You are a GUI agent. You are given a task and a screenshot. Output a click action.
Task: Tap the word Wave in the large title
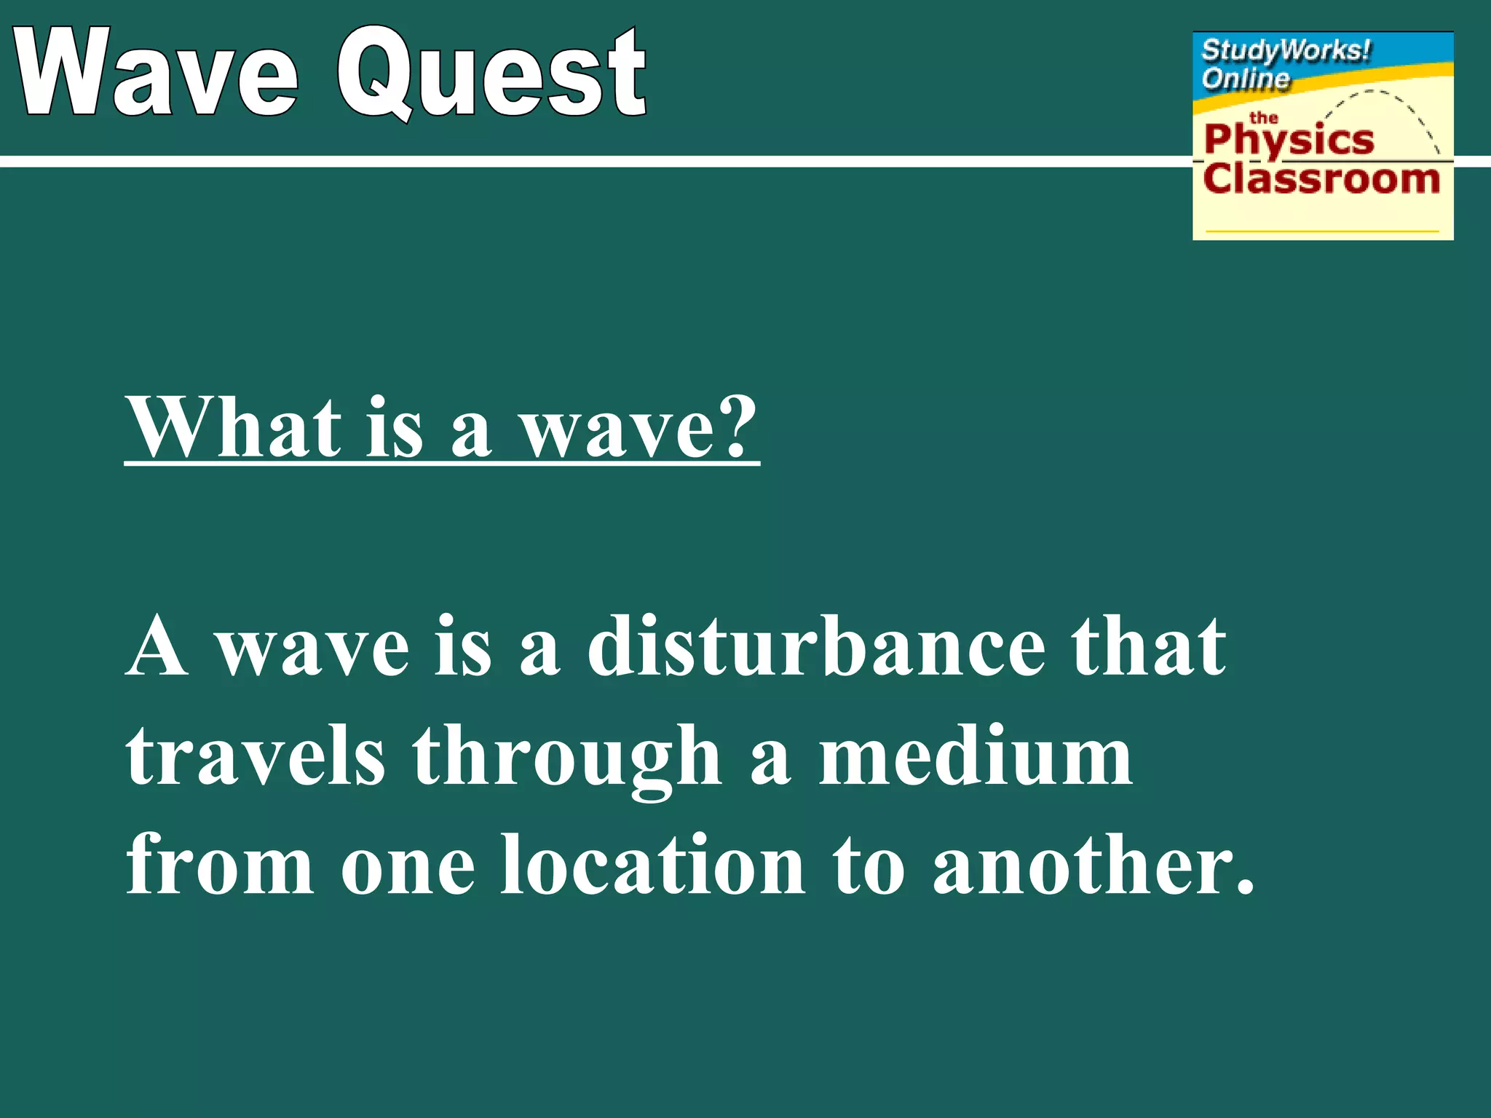[x=157, y=73]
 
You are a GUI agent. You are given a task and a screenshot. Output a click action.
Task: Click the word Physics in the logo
[x=1289, y=140]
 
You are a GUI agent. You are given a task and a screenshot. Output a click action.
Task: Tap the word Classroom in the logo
[x=1321, y=179]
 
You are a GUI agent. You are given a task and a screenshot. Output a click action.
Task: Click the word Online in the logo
[x=1245, y=78]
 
